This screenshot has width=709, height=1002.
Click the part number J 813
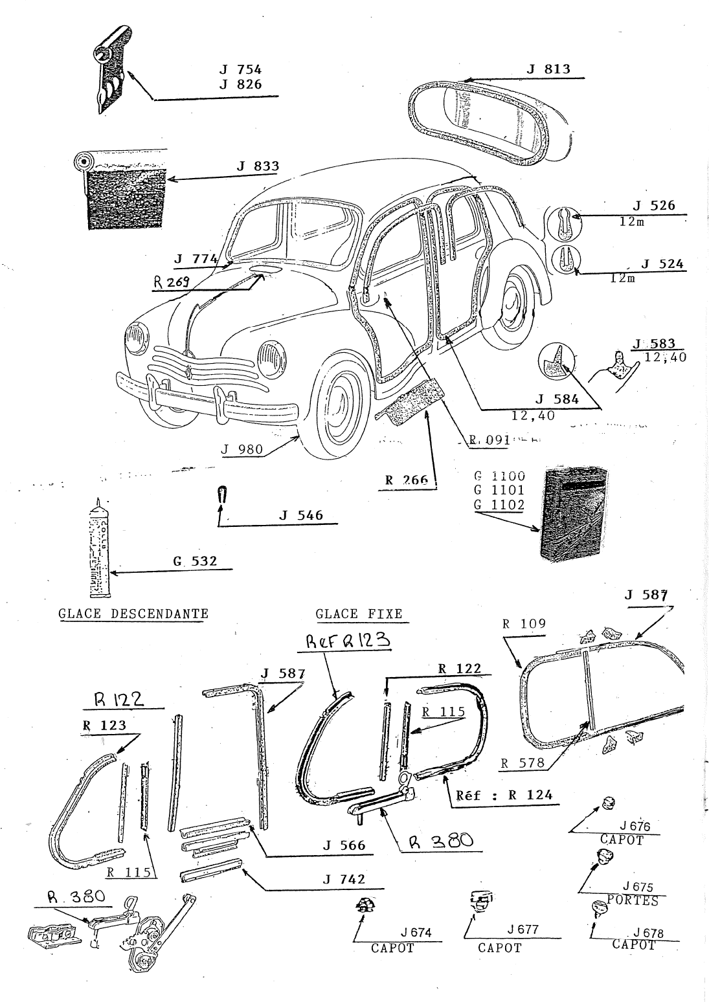click(x=548, y=69)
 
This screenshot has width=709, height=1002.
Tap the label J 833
click(x=258, y=166)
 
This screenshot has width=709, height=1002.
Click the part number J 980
click(x=242, y=449)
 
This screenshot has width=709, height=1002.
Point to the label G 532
click(x=195, y=562)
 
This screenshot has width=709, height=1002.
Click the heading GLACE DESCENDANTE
click(x=133, y=614)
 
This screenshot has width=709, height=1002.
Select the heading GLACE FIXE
click(x=359, y=614)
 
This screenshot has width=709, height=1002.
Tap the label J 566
click(x=344, y=845)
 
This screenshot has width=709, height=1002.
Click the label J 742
click(x=344, y=879)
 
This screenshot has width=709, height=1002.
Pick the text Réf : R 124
click(x=505, y=796)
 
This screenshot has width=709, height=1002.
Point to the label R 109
click(x=524, y=625)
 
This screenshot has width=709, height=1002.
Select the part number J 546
click(x=301, y=516)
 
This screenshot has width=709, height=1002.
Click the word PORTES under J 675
click(x=633, y=900)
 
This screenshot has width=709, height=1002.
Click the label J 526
click(x=654, y=206)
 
